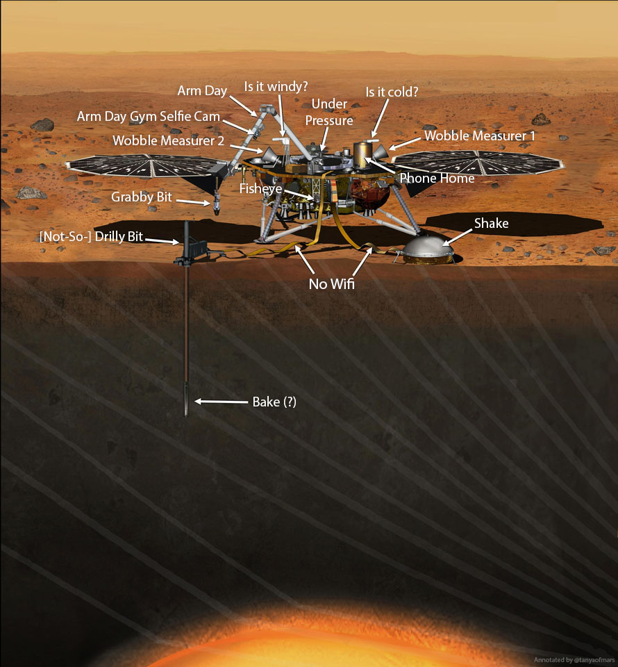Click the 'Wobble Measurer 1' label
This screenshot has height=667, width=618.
tap(479, 136)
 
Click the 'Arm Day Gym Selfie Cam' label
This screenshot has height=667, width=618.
tap(148, 117)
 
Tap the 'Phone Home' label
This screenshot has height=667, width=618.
tap(437, 179)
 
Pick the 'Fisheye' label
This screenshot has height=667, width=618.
tap(260, 188)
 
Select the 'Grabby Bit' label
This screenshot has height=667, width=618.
tap(142, 197)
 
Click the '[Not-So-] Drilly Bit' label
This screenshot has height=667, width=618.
tap(91, 237)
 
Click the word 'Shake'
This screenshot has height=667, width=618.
tap(492, 223)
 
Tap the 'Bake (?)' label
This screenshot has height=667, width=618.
tap(274, 402)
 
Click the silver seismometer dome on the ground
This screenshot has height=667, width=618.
tap(424, 247)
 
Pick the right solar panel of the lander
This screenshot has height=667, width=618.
tap(479, 164)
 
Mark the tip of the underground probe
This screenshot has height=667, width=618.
tap(187, 413)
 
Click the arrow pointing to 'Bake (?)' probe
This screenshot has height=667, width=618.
tap(221, 402)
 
